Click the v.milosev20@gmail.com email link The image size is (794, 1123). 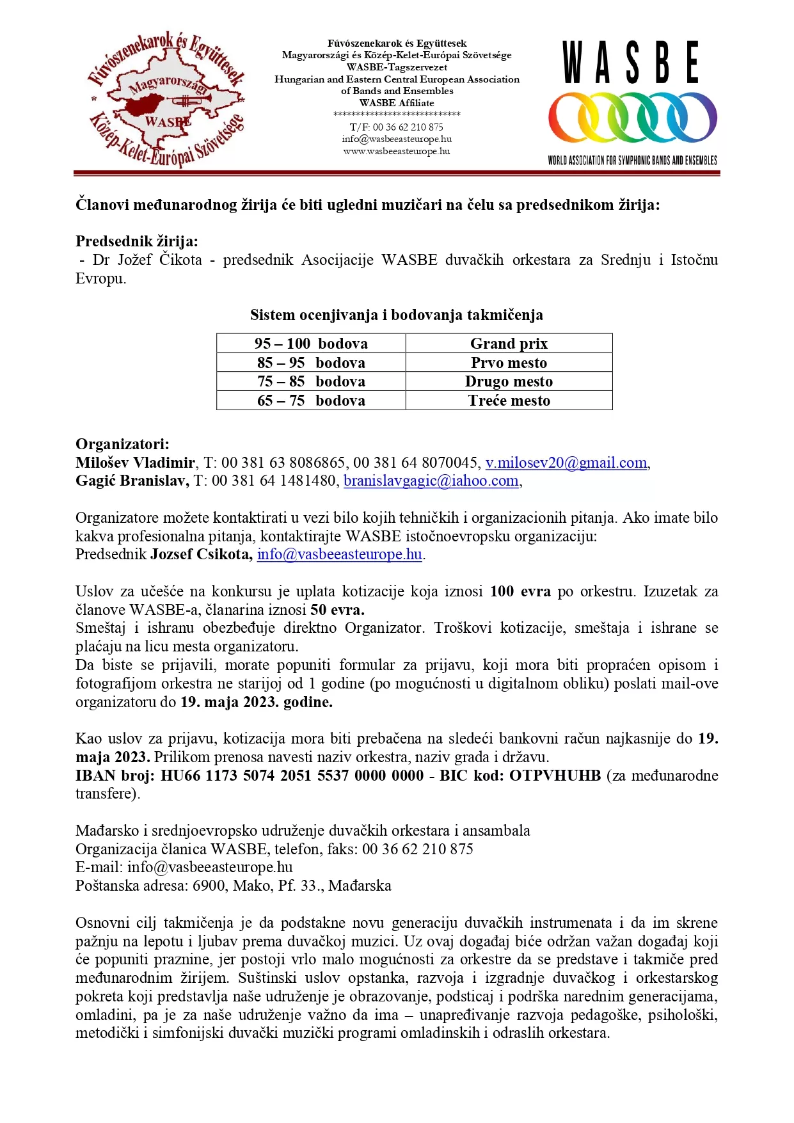pos(566,463)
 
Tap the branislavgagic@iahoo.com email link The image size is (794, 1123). pos(431,481)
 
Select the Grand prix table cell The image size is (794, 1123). pos(509,344)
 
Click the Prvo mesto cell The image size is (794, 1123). pos(509,363)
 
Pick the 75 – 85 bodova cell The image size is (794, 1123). pos(311,381)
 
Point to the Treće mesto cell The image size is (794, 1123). pos(509,401)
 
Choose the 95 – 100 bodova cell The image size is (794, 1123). pos(311,344)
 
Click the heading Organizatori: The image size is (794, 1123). pos(122,444)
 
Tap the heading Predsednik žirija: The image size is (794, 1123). pos(136,241)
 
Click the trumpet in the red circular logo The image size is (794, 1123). pos(191,100)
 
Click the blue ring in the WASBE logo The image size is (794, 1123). pos(694,117)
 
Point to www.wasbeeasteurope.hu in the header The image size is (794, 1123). pos(397,152)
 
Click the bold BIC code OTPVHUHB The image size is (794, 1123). pos(555,776)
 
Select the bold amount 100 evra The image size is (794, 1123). pos(520,591)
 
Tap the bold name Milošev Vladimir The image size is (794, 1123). pos(135,463)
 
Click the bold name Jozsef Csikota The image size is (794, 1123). pos(201,554)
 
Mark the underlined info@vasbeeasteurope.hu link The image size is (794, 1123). pos(339,554)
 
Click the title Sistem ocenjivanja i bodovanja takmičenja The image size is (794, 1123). pos(397,315)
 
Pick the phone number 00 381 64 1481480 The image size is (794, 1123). pos(274,481)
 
